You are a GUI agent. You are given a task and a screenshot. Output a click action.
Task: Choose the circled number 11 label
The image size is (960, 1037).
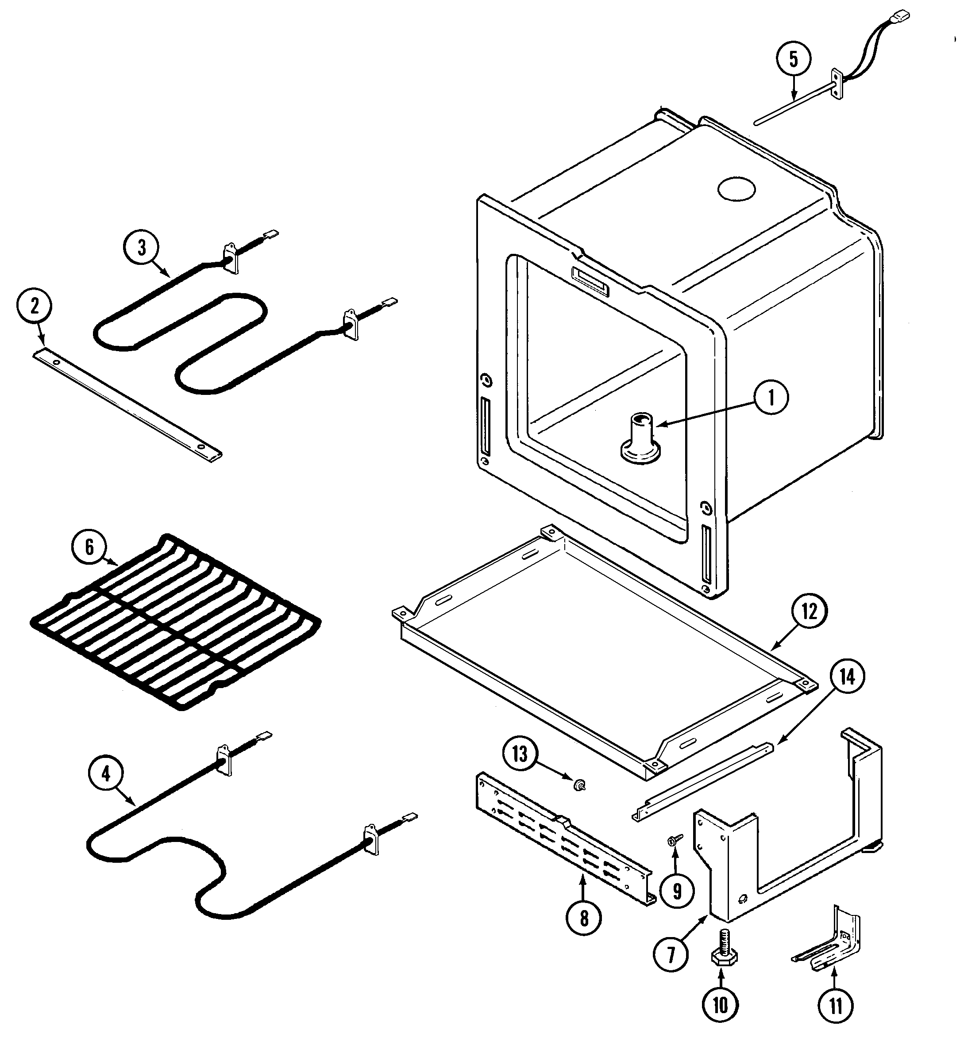point(836,1006)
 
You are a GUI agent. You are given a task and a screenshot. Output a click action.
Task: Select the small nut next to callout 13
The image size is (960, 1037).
point(578,800)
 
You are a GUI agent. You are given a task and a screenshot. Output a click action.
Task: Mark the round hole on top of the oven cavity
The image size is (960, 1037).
point(736,190)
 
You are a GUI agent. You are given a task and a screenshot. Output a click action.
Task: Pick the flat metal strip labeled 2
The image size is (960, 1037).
point(127,404)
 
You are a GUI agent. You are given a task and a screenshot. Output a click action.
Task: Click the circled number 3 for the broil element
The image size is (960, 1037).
point(142,248)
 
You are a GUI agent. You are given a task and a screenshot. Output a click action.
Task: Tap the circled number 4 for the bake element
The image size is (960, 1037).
point(105,774)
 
